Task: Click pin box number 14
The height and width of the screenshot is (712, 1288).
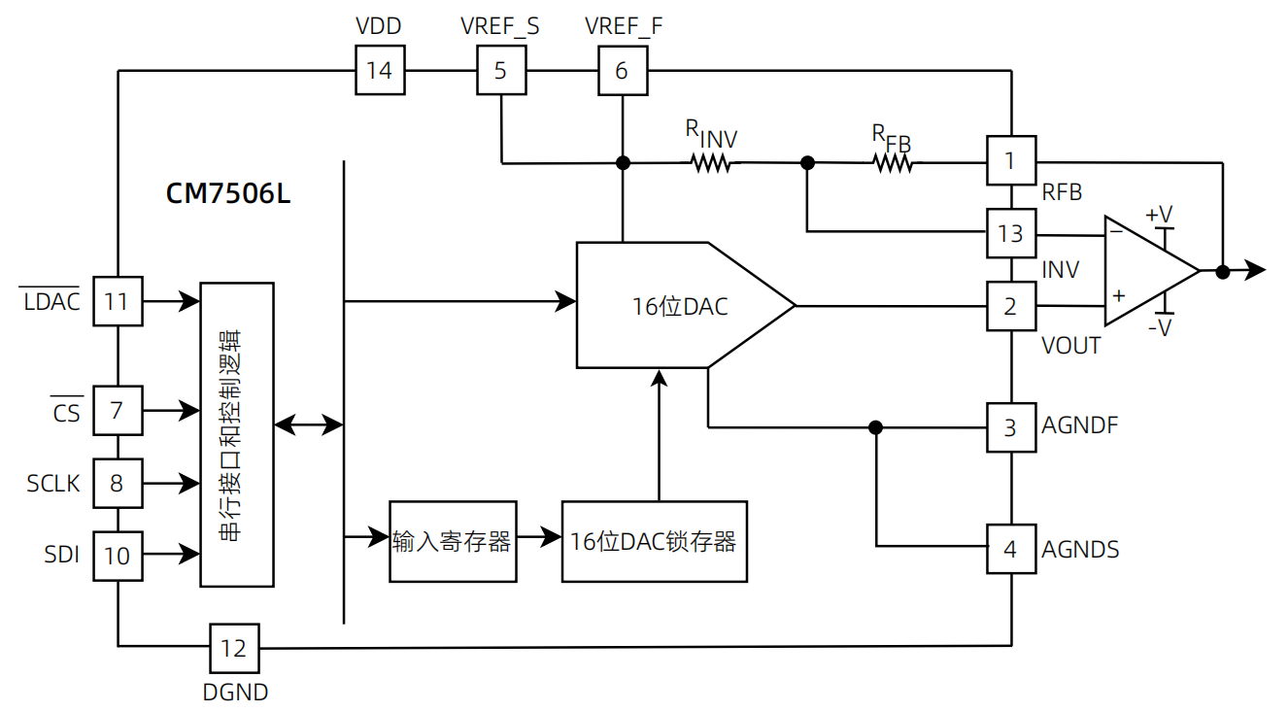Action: [x=380, y=71]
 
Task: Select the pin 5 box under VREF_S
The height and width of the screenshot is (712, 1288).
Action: [x=500, y=71]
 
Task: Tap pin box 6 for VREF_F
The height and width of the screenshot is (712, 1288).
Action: [x=622, y=71]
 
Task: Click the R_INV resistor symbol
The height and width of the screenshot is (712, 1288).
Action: [x=711, y=163]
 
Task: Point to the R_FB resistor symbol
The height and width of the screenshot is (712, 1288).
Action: [x=893, y=163]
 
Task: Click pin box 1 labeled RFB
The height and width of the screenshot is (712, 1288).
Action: [x=1010, y=160]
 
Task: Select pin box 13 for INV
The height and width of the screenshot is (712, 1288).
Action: [x=1010, y=233]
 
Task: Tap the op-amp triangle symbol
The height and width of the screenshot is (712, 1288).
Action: [x=1146, y=271]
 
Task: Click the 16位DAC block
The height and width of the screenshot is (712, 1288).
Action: [x=680, y=306]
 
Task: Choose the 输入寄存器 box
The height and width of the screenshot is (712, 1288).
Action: [x=453, y=542]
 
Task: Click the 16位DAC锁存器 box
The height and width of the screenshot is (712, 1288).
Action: [x=654, y=542]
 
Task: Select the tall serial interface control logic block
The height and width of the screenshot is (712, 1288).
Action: [x=236, y=434]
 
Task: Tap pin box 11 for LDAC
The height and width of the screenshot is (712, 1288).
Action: [x=117, y=301]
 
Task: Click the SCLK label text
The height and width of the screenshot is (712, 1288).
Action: [x=53, y=483]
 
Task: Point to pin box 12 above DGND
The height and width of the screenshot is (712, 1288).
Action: [x=234, y=648]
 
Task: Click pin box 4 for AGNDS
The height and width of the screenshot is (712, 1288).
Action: [x=1010, y=549]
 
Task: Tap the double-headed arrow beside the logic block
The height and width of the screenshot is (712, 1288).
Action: [x=309, y=424]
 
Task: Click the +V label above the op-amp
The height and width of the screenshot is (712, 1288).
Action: [x=1159, y=214]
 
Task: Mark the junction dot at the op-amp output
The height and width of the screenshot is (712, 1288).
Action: [x=1223, y=272]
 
